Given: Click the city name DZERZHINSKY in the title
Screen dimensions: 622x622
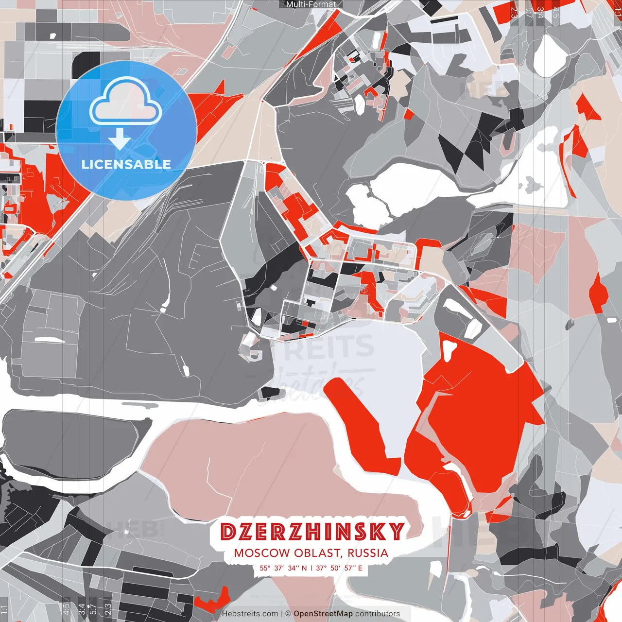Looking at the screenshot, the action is pyautogui.click(x=311, y=532).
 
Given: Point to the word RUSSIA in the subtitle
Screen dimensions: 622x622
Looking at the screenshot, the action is pyautogui.click(x=368, y=553).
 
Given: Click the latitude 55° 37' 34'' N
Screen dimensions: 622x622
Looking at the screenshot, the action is pyautogui.click(x=283, y=568).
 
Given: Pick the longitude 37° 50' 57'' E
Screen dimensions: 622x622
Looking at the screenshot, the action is pyautogui.click(x=339, y=568).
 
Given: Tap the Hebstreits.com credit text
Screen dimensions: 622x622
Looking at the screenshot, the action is pyautogui.click(x=250, y=614).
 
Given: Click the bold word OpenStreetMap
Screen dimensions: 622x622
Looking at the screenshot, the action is pyautogui.click(x=323, y=614).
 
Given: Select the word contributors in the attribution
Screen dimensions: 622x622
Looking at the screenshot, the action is pyautogui.click(x=378, y=614).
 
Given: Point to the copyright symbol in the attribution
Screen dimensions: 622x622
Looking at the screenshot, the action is pyautogui.click(x=288, y=614).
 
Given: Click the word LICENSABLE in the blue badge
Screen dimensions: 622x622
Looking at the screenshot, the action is pyautogui.click(x=126, y=164).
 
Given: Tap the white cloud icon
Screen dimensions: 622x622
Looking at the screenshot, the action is pyautogui.click(x=125, y=101).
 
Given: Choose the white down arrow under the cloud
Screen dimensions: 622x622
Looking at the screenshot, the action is pyautogui.click(x=120, y=140).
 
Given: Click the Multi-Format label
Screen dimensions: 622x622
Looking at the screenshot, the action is pyautogui.click(x=311, y=4).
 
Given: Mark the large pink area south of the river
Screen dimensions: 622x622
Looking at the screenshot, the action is pyautogui.click(x=272, y=466).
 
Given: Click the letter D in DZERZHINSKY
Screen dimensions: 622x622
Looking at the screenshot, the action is pyautogui.click(x=227, y=532).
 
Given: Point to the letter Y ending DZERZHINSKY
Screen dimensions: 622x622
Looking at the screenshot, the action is pyautogui.click(x=396, y=532).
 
